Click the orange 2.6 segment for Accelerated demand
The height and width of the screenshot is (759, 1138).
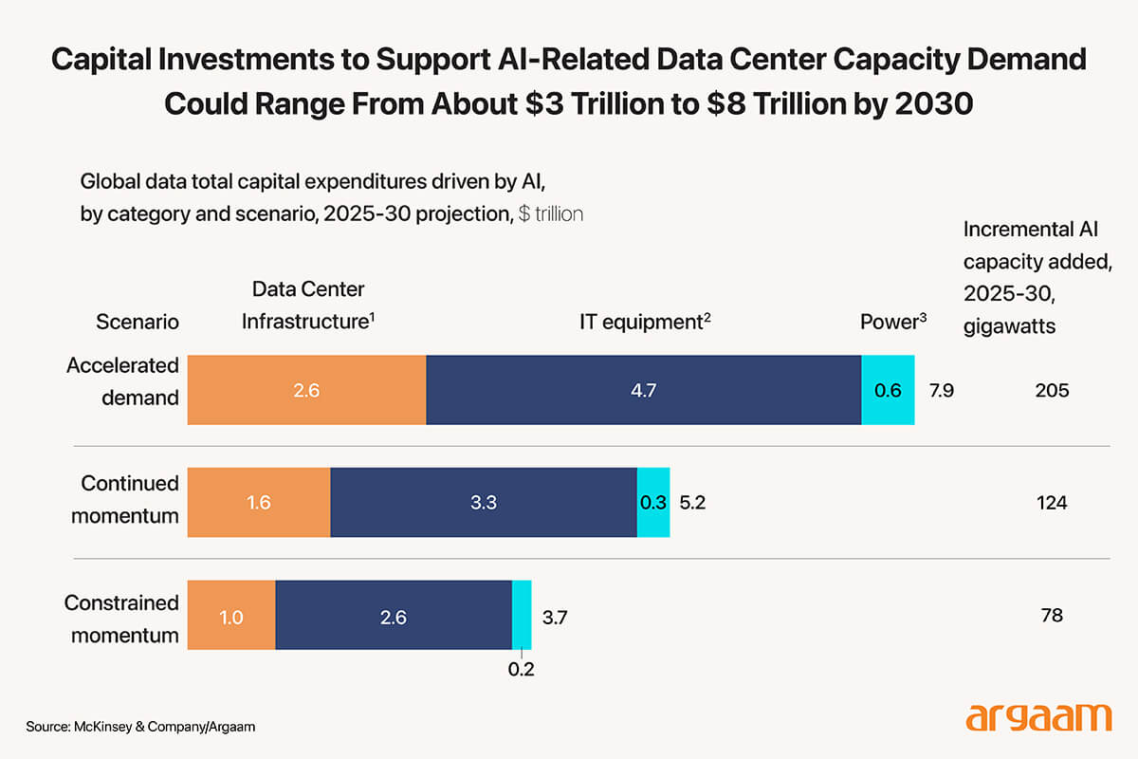tap(306, 390)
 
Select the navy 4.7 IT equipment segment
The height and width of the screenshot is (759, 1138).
tap(643, 390)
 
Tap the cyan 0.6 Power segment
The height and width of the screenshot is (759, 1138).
tap(888, 390)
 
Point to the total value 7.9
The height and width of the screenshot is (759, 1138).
tap(940, 390)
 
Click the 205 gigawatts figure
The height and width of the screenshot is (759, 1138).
tap(1052, 390)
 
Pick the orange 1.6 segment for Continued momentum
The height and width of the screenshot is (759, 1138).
tap(259, 502)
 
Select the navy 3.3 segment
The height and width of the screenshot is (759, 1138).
tap(484, 502)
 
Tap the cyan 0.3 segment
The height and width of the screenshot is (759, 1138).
tap(652, 502)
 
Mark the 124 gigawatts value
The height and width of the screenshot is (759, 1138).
tap(1052, 502)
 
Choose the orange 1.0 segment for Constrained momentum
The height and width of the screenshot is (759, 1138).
tap(231, 616)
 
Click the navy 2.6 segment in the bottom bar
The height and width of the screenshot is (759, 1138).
tap(393, 616)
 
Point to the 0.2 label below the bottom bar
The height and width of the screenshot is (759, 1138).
tap(521, 669)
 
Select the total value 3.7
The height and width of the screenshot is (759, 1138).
tap(554, 616)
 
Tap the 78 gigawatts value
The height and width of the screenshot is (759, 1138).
tap(1052, 616)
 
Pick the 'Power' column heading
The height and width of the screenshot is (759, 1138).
tap(892, 321)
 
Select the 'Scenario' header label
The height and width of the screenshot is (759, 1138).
tap(138, 321)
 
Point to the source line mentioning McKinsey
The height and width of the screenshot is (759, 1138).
tap(141, 726)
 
